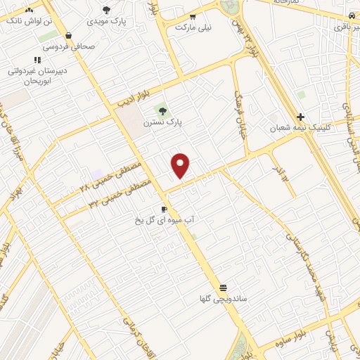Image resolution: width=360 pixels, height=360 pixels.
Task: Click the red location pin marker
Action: [x=181, y=165]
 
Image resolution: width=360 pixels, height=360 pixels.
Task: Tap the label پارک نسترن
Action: [x=162, y=122]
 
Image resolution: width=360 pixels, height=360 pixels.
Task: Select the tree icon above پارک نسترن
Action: [x=162, y=110]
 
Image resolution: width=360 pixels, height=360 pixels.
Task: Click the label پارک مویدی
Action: [x=107, y=21]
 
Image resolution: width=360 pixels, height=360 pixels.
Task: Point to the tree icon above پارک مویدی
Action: [x=107, y=10]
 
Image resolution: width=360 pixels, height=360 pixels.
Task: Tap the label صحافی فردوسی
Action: [x=69, y=47]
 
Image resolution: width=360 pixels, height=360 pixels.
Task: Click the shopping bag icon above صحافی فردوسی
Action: [x=68, y=35]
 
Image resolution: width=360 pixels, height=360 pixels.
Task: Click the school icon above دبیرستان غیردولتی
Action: [x=37, y=60]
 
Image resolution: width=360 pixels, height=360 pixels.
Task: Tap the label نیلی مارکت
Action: [x=193, y=27]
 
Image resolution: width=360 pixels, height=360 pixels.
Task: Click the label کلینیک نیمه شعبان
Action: [x=300, y=129]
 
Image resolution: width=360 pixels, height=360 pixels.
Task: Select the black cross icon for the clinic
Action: [x=300, y=117]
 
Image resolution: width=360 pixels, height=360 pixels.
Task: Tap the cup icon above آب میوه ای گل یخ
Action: [x=165, y=210]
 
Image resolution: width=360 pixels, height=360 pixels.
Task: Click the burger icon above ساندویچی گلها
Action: [x=223, y=288]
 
